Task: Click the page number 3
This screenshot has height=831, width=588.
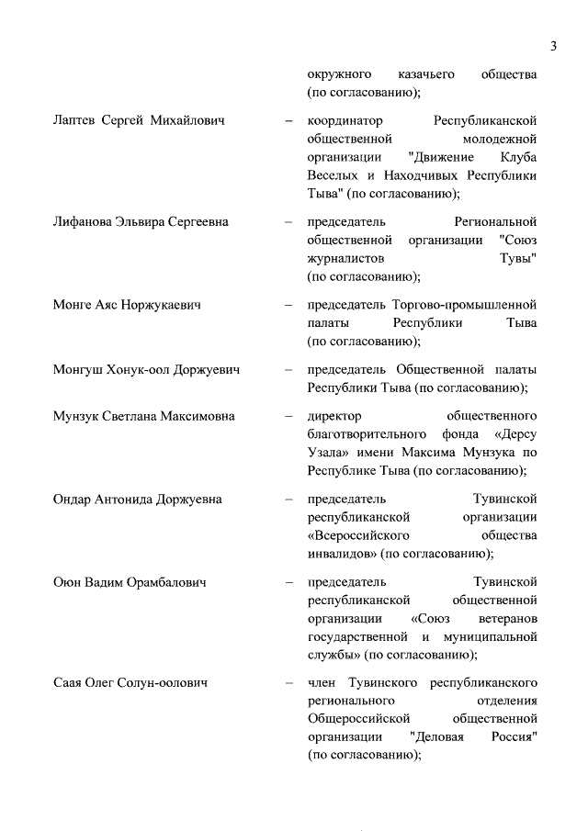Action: pos(554,47)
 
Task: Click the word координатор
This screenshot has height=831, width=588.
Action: pos(345,121)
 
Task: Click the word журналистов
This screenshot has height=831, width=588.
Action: pos(346,258)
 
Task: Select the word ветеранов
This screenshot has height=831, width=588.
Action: pos(508,618)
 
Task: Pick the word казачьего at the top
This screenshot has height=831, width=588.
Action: pos(426,73)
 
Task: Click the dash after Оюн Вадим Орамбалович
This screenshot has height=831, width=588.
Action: pos(289,582)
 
